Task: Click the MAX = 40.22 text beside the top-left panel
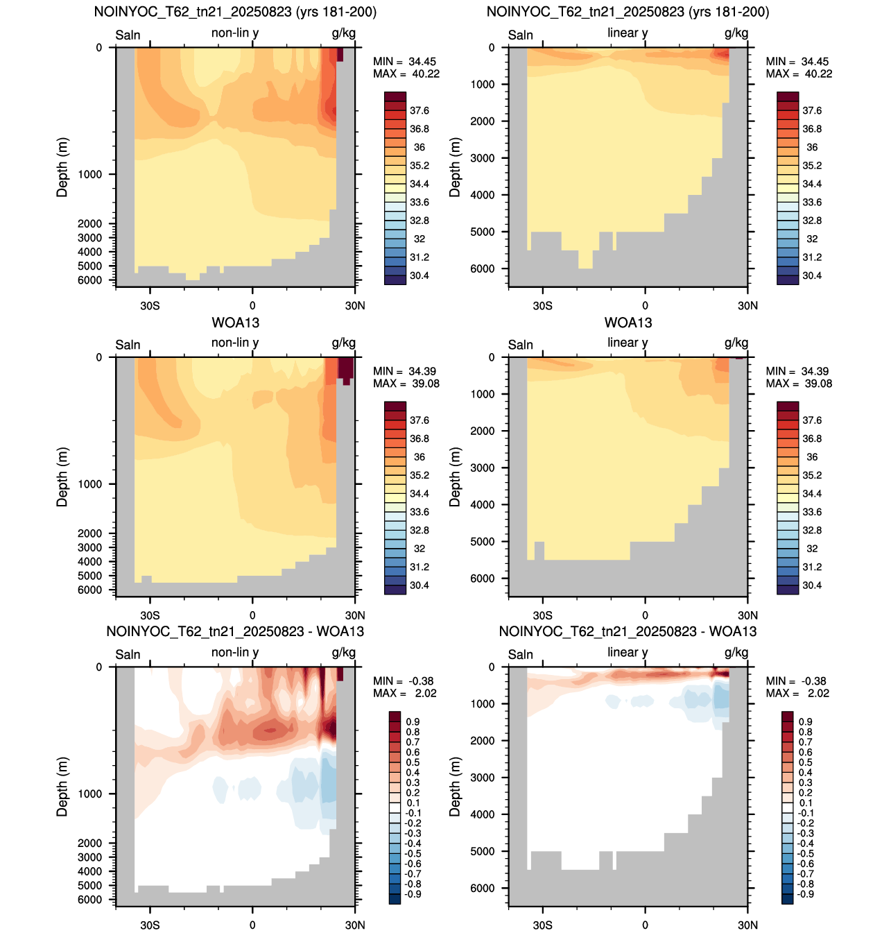click(x=406, y=74)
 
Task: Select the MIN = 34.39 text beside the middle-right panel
click(x=799, y=371)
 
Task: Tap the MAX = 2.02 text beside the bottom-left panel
click(x=404, y=693)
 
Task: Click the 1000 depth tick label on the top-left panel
click(x=89, y=175)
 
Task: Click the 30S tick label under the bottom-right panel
click(x=542, y=925)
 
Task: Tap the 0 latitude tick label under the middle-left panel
click(x=252, y=615)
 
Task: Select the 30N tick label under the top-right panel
click(x=747, y=306)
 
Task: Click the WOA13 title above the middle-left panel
click(x=235, y=323)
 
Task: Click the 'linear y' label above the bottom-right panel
click(x=628, y=653)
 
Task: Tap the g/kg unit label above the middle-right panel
click(x=736, y=343)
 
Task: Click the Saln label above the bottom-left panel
click(x=128, y=655)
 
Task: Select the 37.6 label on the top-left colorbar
click(x=419, y=111)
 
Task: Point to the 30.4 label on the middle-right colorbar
click(x=811, y=585)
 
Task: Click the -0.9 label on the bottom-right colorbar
click(x=805, y=894)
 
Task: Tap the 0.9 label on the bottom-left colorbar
click(x=413, y=721)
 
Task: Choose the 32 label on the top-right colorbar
click(x=811, y=239)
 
